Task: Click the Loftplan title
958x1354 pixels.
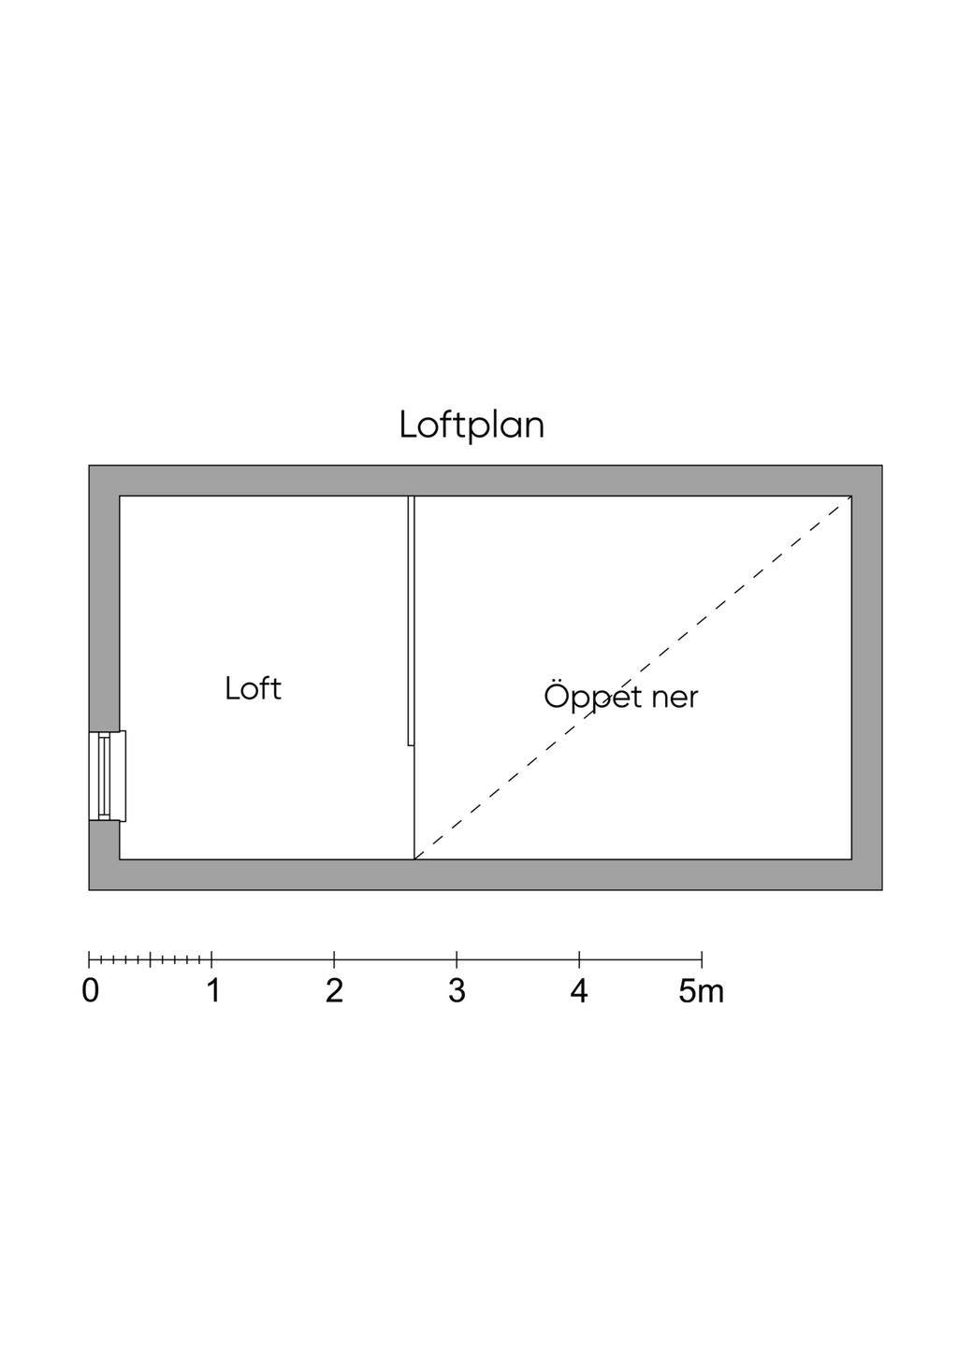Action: pos(472,426)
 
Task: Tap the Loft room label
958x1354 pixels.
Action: pos(253,689)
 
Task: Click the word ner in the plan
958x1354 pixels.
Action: pos(675,699)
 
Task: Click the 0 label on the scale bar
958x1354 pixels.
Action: pos(90,991)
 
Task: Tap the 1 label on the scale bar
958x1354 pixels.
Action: pos(213,991)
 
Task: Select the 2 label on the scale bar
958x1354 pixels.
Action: pos(334,991)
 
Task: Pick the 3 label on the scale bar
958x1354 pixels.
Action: pos(457,991)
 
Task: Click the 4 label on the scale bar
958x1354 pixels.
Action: pos(579,991)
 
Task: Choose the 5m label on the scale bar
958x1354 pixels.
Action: pos(701,991)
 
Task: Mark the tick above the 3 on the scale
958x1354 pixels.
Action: pos(457,958)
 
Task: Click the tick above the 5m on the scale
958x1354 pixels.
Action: pos(702,958)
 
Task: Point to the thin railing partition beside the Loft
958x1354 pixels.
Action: pos(412,621)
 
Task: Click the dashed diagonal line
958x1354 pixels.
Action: pos(633,677)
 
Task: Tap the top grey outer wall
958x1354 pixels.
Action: pos(485,481)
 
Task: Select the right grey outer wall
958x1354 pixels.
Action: pos(866,678)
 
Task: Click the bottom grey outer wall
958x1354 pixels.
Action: pos(485,874)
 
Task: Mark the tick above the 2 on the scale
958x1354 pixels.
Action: pos(334,958)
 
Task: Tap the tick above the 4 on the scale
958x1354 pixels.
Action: pos(579,958)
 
